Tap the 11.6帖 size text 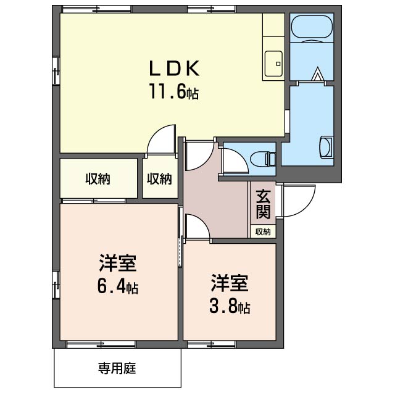coord(173,93)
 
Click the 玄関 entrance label coord(263,205)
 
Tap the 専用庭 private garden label coord(117,369)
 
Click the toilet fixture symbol coord(268,159)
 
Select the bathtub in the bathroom coord(311,27)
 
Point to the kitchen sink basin coord(273,62)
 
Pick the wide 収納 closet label coord(98,179)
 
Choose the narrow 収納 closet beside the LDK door coord(159,179)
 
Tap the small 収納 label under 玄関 coord(263,232)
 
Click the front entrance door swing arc coord(294,202)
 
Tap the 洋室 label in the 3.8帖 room coord(229,283)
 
